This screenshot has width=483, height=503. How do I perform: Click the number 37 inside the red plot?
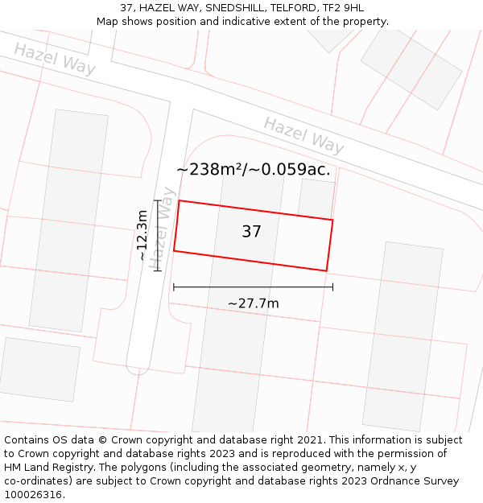click(x=251, y=232)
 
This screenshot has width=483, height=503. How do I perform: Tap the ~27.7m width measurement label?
click(x=253, y=303)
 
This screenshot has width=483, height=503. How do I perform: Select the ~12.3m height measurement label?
click(x=142, y=235)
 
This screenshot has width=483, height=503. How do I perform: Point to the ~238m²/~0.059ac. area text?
click(x=253, y=169)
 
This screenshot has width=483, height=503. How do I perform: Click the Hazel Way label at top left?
click(x=55, y=59)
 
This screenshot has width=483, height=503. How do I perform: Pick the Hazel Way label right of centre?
click(x=303, y=134)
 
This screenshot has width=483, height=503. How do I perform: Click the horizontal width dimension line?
click(x=253, y=287)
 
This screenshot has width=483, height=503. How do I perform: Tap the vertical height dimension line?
click(x=158, y=235)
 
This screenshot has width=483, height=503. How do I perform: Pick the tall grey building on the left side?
click(x=68, y=220)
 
